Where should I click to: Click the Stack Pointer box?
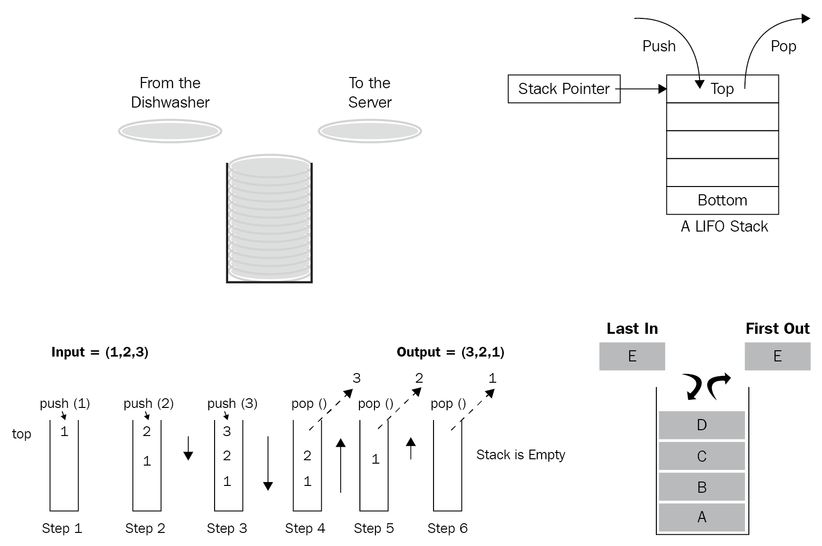click(564, 89)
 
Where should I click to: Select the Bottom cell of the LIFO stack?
click(722, 200)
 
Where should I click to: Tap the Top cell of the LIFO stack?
click(722, 89)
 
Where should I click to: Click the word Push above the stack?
click(659, 46)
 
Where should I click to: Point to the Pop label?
click(783, 46)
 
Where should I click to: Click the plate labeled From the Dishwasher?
click(170, 131)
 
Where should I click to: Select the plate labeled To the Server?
click(370, 131)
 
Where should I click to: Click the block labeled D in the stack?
click(701, 425)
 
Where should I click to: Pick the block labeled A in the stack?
click(701, 517)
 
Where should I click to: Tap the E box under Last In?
click(632, 356)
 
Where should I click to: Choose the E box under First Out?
click(777, 356)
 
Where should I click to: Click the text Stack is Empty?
click(521, 454)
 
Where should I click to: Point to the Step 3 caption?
click(227, 528)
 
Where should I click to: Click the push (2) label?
click(148, 403)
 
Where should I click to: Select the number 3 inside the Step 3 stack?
click(227, 431)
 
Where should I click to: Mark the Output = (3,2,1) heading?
click(450, 352)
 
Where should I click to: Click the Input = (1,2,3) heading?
click(100, 352)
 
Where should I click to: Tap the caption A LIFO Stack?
click(724, 226)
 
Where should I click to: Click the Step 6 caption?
click(447, 528)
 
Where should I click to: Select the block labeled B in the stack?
click(701, 487)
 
